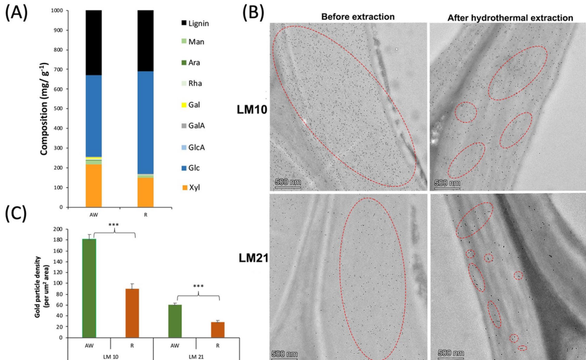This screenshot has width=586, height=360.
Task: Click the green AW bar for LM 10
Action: [x=89, y=288]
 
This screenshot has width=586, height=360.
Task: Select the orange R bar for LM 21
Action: [x=217, y=330]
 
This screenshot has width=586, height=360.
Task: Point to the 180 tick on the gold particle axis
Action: [x=59, y=240]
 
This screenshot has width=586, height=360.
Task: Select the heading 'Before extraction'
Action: [x=350, y=17]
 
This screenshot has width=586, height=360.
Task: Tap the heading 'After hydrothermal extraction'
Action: [x=510, y=17]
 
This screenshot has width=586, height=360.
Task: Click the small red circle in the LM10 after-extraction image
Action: [x=466, y=112]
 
